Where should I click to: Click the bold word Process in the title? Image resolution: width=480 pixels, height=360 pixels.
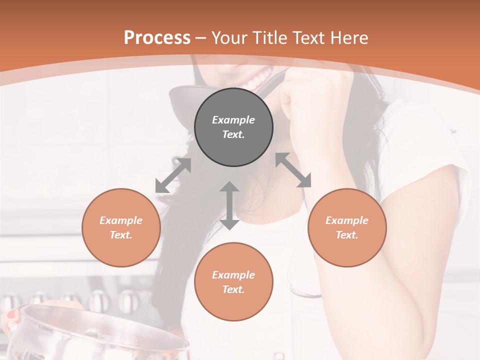click(157, 38)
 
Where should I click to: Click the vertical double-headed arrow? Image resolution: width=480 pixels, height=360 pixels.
click(229, 205)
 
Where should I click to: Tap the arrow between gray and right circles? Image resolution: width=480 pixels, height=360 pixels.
click(293, 170)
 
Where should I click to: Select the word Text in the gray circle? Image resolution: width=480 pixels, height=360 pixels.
click(233, 134)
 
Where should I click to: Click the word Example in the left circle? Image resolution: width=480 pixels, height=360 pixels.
click(121, 220)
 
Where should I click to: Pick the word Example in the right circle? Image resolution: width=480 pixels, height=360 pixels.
click(347, 220)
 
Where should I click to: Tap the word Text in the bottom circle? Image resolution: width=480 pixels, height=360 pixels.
click(233, 289)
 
